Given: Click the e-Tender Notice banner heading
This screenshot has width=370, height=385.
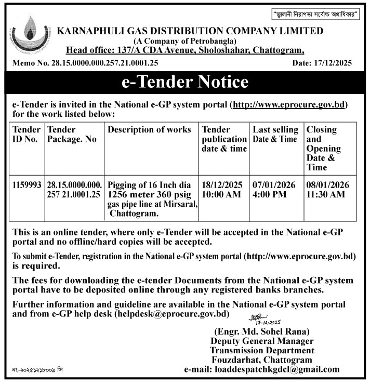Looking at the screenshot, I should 185,82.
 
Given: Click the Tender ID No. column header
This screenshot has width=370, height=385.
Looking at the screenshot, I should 26,134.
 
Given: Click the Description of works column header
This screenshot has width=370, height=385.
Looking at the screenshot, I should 150,129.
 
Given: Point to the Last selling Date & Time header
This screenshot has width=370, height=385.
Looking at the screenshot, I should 275,134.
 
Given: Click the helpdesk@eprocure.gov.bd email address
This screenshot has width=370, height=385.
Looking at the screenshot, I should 173,314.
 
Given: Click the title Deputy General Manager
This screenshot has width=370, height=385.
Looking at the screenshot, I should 262,341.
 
